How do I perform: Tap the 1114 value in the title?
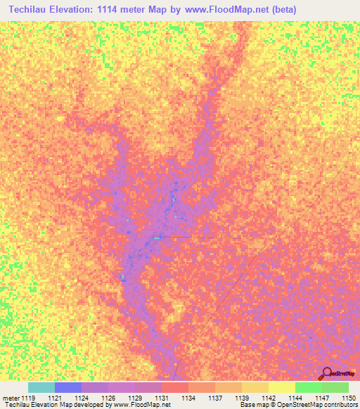click(123, 9)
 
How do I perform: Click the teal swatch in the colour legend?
click(41, 387)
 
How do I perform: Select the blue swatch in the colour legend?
click(68, 387)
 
